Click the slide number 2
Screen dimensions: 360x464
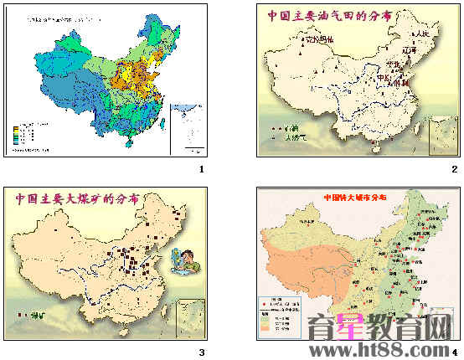(x=454, y=170)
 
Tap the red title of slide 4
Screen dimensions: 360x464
(x=355, y=198)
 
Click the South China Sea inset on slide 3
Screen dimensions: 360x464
(x=192, y=319)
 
